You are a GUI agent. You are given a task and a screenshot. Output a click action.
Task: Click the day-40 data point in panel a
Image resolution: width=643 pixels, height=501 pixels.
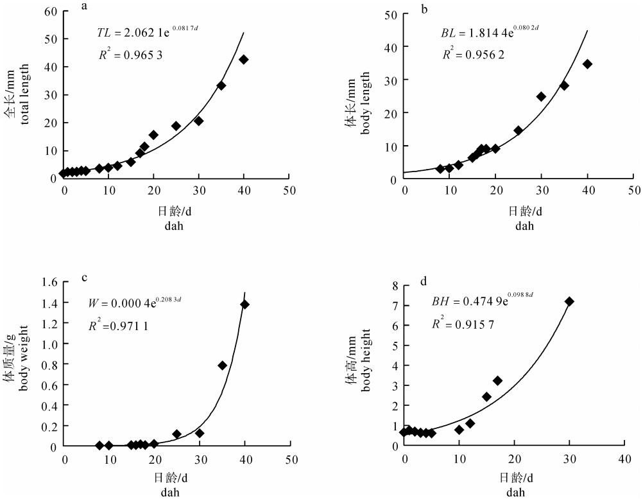[244, 59]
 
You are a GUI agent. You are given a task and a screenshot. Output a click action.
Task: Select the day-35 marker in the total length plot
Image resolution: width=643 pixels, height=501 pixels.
[221, 85]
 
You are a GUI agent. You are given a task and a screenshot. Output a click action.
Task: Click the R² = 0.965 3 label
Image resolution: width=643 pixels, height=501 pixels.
[130, 55]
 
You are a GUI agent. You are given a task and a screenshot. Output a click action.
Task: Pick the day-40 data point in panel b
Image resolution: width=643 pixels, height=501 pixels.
[587, 64]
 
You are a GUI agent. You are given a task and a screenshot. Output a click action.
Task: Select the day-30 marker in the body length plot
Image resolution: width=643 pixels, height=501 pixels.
[541, 96]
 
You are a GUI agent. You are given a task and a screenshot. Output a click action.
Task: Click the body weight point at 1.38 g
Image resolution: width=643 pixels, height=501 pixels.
[244, 304]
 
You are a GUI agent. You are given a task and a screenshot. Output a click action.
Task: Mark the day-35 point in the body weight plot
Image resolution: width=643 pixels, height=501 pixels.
[222, 365]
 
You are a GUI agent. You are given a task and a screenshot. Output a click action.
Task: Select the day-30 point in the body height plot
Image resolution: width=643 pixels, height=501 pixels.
[569, 301]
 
